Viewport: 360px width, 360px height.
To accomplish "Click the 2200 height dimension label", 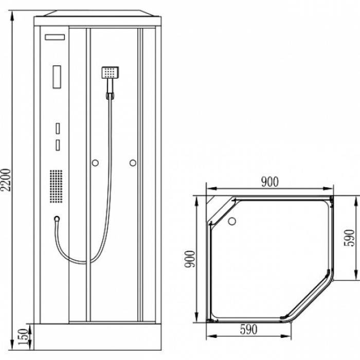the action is coord(6,180).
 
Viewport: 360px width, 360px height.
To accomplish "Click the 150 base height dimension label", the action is coord(23,337).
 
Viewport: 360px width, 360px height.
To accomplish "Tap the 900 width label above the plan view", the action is coord(270,182).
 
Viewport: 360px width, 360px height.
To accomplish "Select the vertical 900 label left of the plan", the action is coord(190,259).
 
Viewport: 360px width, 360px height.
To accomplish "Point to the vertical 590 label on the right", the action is coord(349,238).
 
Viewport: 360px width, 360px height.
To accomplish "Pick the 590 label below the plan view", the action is coord(248,330).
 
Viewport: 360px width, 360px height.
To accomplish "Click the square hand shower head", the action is coord(110,73).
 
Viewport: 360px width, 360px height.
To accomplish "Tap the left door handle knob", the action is coord(95,163).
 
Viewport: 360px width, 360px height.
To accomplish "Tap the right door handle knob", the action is coord(133,163).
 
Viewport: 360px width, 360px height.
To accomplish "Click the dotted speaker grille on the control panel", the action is coord(56,186).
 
